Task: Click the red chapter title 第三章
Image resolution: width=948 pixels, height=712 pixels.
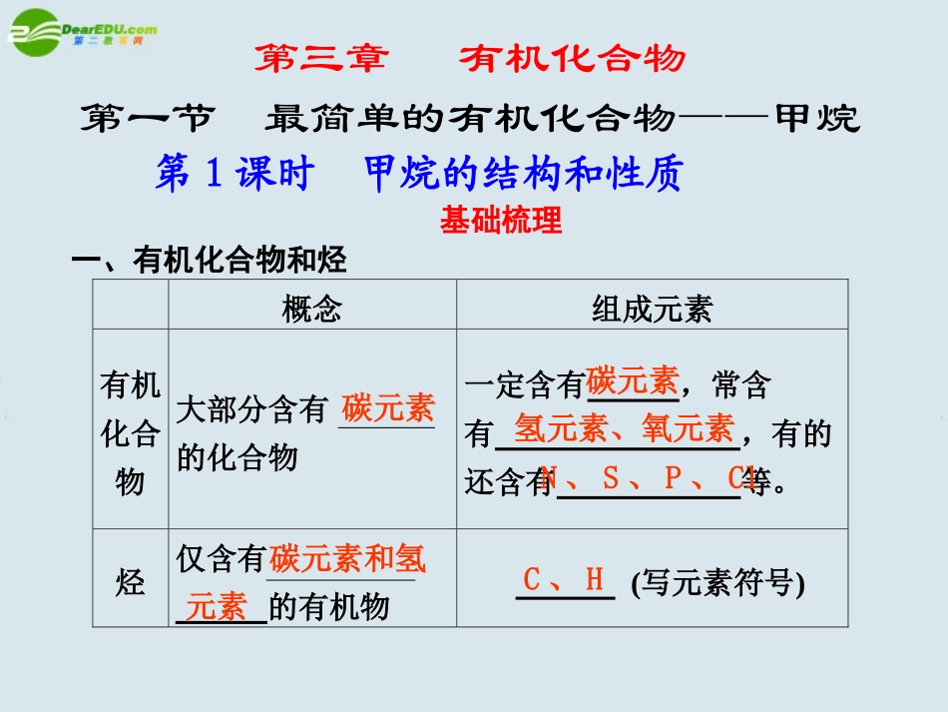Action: (320, 59)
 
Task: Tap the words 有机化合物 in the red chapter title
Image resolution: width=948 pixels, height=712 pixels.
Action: (573, 59)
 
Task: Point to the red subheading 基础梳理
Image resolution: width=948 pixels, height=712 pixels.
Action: (501, 220)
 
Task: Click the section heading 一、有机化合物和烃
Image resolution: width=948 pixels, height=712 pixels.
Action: (209, 262)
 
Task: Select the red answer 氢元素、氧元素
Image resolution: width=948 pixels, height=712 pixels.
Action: (624, 429)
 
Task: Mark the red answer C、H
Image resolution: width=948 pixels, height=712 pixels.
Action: (565, 579)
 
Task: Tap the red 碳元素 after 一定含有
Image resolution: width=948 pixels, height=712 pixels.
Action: (632, 381)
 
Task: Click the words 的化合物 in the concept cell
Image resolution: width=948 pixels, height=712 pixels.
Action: (237, 457)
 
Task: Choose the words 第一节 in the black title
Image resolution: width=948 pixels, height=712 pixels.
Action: (146, 119)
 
